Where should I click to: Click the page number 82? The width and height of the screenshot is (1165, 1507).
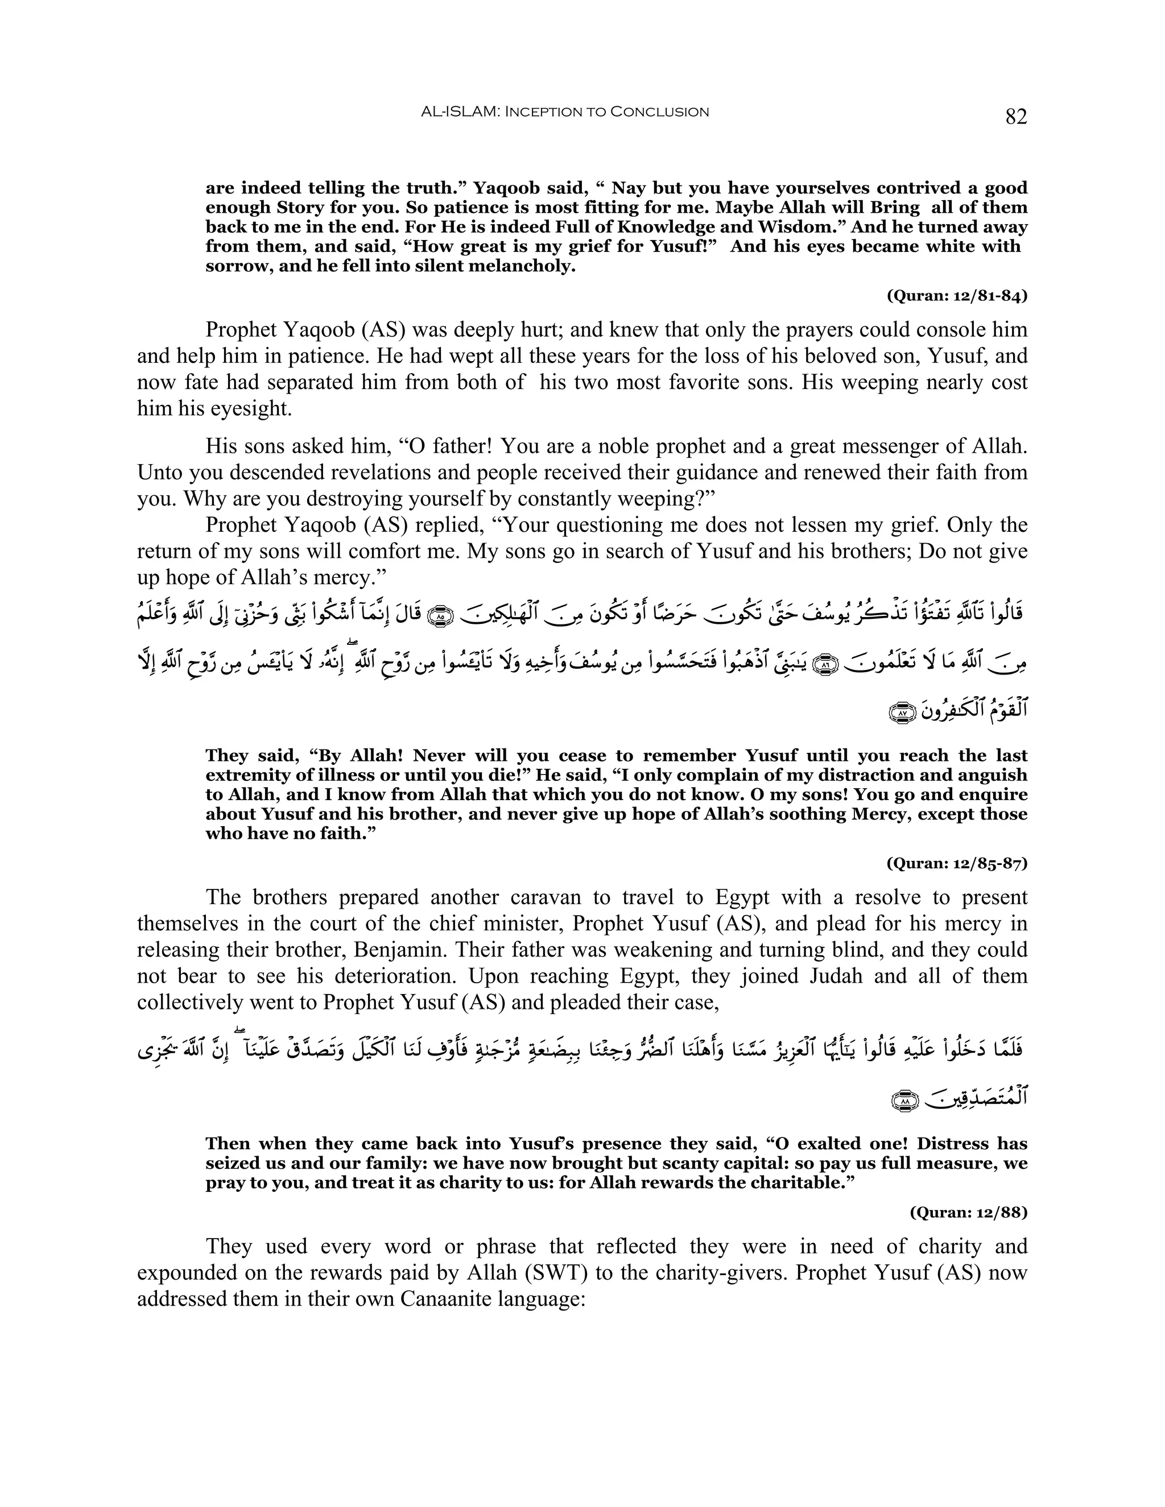[x=1015, y=117]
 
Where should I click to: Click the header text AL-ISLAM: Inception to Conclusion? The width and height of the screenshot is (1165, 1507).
[x=564, y=112]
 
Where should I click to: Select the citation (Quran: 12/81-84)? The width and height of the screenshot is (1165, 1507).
[x=957, y=296]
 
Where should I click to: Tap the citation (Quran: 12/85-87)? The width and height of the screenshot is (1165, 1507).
[x=957, y=863]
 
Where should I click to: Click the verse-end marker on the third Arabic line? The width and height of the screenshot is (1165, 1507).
[x=900, y=713]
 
